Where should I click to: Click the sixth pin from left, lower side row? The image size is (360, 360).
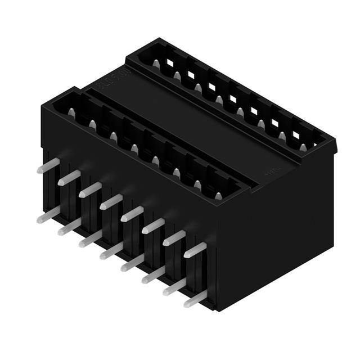pos(152,276)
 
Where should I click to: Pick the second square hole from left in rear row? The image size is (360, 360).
pos(191,71)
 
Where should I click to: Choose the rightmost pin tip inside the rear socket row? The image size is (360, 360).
pos(303,148)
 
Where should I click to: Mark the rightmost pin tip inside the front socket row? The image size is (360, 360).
pos(219,195)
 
